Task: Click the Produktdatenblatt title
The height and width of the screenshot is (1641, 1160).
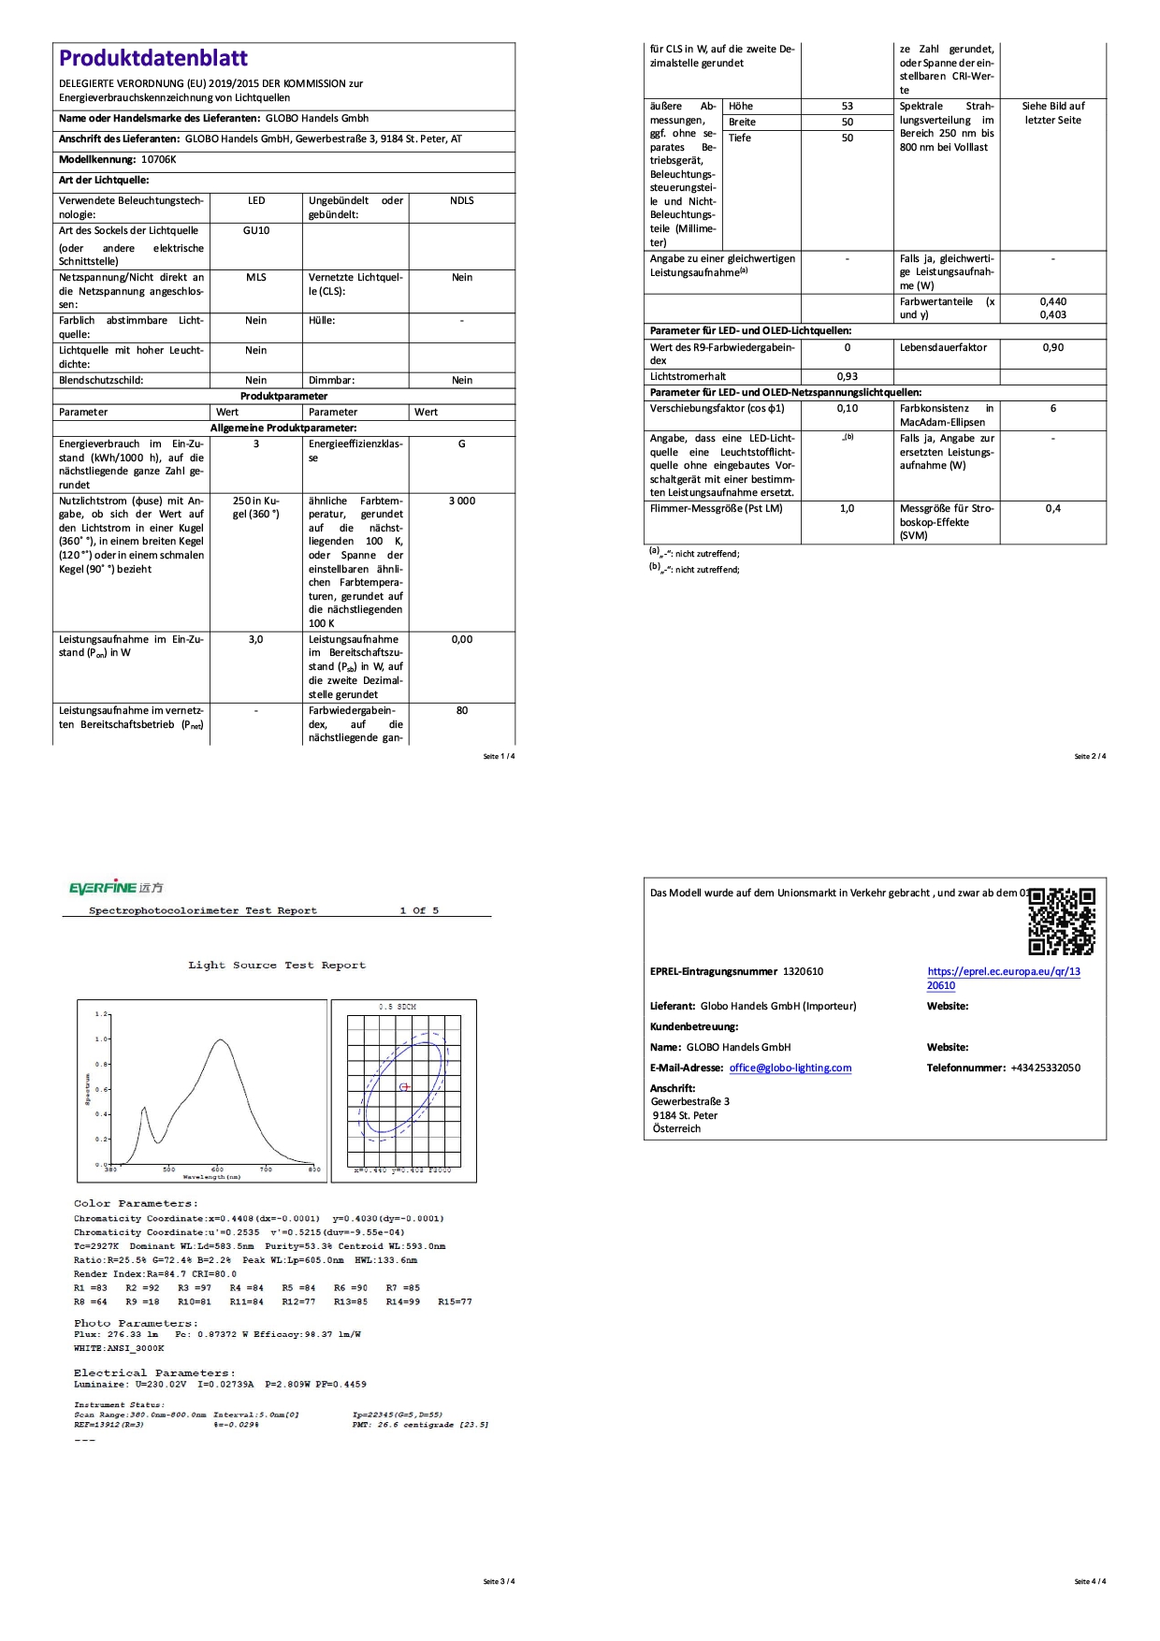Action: coord(153,59)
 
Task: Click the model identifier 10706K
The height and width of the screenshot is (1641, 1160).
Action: coord(158,160)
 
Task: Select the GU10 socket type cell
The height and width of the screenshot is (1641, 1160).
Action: coord(256,230)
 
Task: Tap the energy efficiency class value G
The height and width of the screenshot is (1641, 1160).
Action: coord(461,444)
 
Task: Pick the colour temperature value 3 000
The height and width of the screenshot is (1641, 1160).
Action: coord(461,501)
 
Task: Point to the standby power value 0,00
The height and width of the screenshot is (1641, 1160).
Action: coord(461,640)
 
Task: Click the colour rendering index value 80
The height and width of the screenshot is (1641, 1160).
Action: coord(461,711)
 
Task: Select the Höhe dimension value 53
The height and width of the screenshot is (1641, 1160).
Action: coord(847,107)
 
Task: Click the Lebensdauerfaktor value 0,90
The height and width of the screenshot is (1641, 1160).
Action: coord(1052,348)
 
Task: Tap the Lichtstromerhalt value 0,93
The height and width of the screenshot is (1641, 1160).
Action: coord(847,377)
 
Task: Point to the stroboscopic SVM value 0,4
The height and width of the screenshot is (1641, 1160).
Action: coord(1052,509)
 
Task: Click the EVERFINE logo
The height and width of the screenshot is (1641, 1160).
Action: coord(116,887)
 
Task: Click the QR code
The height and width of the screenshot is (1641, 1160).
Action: coord(1062,921)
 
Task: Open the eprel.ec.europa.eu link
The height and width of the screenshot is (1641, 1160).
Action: coord(1003,978)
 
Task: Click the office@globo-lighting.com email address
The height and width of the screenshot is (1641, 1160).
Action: coord(790,1068)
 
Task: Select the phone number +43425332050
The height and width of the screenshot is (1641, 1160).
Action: coord(1045,1068)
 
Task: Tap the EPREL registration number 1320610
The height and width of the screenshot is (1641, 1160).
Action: coord(803,972)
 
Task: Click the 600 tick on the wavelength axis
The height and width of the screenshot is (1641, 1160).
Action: coord(217,1169)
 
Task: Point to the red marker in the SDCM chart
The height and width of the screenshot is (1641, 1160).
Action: coord(405,1087)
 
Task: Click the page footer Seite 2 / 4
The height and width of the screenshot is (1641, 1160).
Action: coord(1090,756)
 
